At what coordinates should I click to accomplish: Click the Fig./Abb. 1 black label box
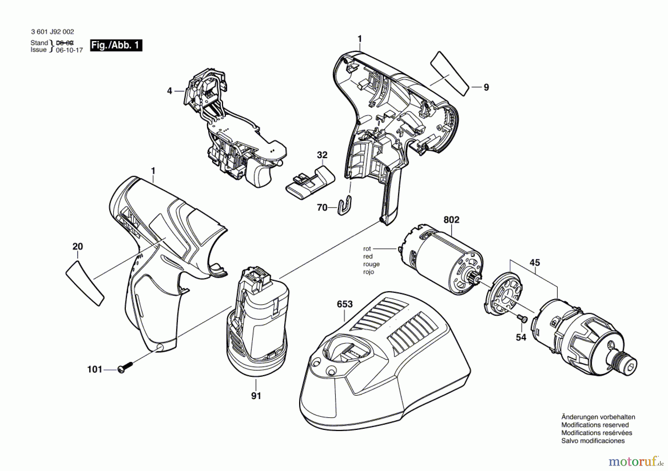(116, 45)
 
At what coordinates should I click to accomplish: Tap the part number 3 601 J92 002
(52, 32)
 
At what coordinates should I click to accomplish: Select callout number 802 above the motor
(451, 220)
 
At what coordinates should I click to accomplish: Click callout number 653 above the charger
(344, 304)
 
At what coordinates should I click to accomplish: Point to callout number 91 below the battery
(256, 396)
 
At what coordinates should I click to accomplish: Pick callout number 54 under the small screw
(521, 337)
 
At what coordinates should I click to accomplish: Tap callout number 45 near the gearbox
(534, 263)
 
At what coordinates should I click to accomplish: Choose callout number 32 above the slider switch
(322, 155)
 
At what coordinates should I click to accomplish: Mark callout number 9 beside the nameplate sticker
(486, 87)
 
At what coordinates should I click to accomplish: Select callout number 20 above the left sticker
(78, 246)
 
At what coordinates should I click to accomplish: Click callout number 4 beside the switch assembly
(170, 91)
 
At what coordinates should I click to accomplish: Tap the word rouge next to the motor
(371, 264)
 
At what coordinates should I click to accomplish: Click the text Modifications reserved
(595, 425)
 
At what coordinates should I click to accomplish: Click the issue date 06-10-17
(69, 50)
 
